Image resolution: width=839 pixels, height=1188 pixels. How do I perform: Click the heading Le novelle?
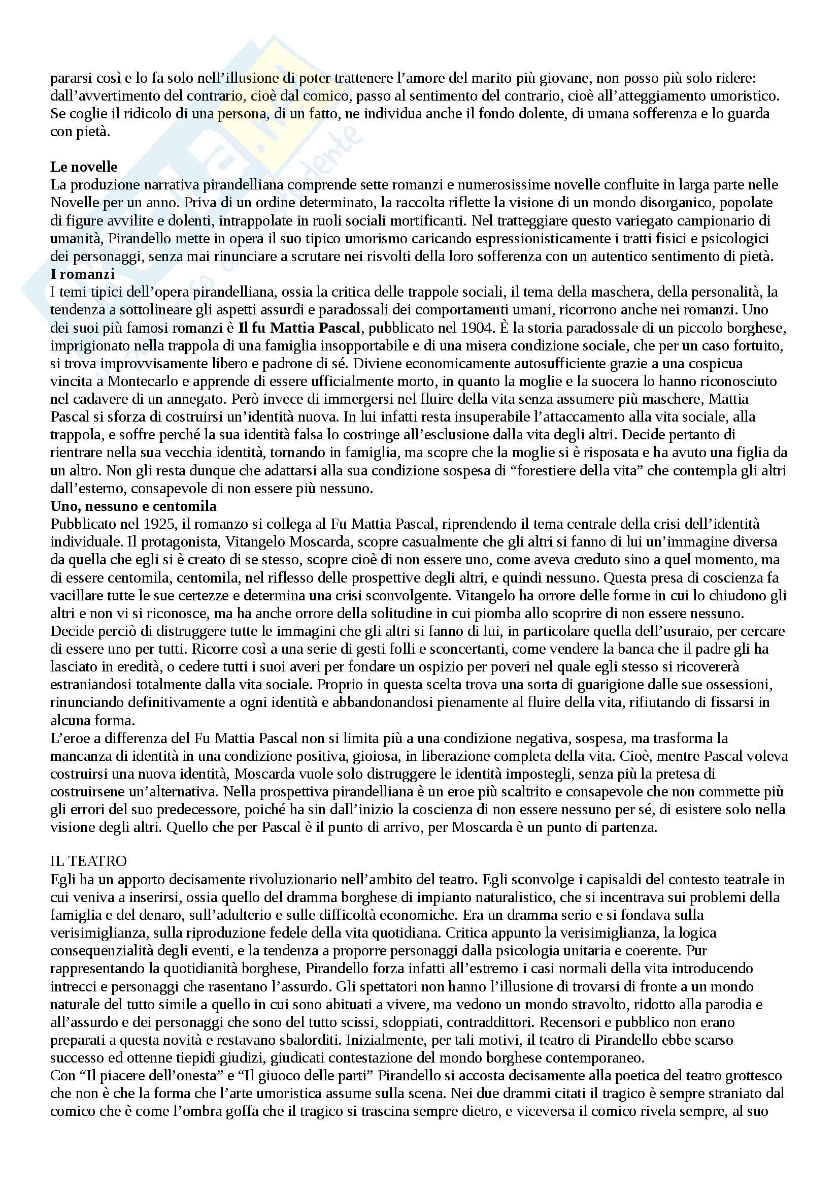pyautogui.click(x=84, y=167)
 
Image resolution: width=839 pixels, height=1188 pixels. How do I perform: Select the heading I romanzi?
pyautogui.click(x=82, y=274)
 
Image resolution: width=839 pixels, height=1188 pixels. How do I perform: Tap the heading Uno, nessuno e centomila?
pyautogui.click(x=133, y=506)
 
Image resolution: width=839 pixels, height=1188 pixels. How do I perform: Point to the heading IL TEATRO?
pyautogui.click(x=88, y=861)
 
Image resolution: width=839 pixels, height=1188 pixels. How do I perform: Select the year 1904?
pyautogui.click(x=473, y=328)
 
